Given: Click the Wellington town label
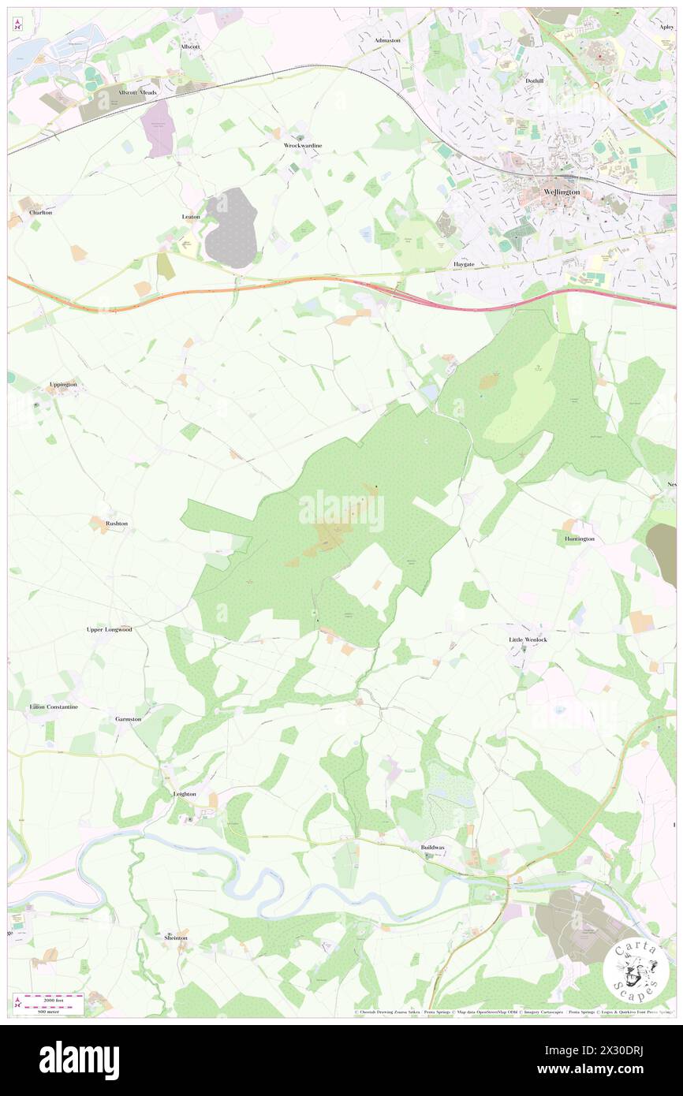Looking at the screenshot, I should point(562,192).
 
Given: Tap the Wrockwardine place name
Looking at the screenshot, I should point(303,146).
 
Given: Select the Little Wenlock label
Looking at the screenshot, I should point(528,639).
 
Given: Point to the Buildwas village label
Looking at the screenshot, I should point(432,848).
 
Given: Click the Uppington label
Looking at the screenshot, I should point(63,385).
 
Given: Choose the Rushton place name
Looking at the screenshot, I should point(117,524).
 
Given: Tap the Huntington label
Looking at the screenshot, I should point(580,539).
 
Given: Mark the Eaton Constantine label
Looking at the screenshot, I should point(54,707).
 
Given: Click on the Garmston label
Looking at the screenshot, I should point(128,719).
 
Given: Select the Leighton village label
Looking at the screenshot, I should point(184,794).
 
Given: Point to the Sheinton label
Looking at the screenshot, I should point(176,938).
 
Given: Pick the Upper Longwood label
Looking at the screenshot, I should point(109,630).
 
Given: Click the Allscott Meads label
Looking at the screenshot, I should point(138,92).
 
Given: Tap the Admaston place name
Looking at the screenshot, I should point(387,40).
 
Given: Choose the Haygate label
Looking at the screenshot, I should point(462,264).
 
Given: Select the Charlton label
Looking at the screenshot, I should point(40,213).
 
